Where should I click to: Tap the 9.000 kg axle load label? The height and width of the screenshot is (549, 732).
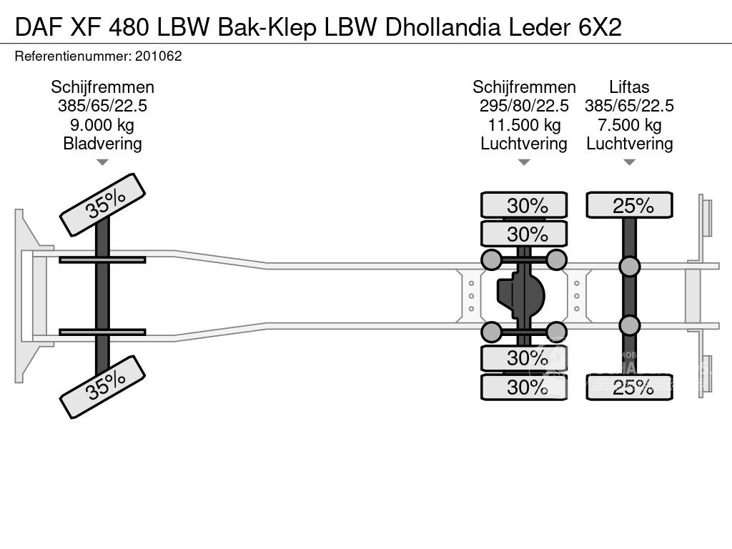pos(102,125)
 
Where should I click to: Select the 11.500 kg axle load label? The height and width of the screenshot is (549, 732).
pos(524,125)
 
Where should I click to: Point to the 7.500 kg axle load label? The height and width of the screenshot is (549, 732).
pos(629,125)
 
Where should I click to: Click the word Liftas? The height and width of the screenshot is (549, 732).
pos(629,87)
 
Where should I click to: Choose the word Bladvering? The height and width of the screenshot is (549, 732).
pos(102,144)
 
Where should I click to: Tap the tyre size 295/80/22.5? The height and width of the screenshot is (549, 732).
pos(524,106)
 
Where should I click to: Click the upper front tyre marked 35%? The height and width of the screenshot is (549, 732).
pos(102,204)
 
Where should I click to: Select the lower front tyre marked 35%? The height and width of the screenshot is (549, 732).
pos(102,387)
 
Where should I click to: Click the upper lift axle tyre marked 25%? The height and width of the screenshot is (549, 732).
pos(629,205)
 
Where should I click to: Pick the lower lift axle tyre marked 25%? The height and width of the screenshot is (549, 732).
pos(629,387)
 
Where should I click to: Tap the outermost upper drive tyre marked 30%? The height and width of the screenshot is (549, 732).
pos(524,205)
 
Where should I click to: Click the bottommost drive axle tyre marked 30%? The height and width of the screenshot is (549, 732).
pos(524,387)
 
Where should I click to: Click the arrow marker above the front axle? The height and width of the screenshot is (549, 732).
pos(102,163)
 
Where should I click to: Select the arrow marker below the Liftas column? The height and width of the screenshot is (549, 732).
pos(629,163)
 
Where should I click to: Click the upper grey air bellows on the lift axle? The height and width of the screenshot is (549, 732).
pos(629,267)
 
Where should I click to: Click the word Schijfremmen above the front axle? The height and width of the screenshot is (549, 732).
pos(102,87)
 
